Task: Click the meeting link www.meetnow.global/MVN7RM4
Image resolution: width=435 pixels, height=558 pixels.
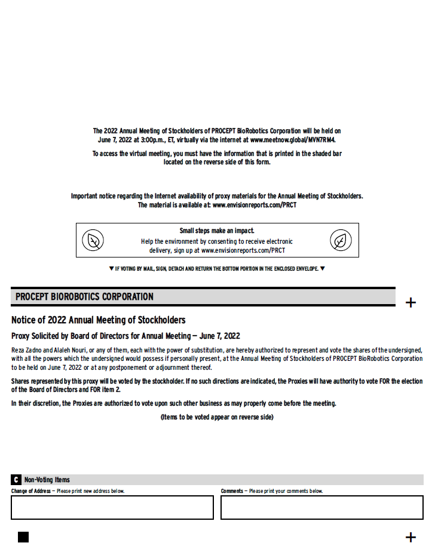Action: click(293, 140)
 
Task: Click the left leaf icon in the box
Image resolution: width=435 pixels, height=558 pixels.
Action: click(93, 240)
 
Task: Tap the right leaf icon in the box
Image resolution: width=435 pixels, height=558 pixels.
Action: click(341, 240)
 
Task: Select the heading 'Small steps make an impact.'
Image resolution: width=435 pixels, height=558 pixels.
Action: click(217, 231)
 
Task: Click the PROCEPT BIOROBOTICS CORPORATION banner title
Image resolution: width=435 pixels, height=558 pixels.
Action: click(84, 297)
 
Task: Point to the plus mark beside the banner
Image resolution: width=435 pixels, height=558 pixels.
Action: click(411, 302)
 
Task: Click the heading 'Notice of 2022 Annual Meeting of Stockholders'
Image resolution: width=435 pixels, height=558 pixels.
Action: click(98, 320)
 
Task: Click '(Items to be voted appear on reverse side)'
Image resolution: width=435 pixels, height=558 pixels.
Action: click(217, 417)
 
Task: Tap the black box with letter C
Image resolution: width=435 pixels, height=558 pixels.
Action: click(16, 480)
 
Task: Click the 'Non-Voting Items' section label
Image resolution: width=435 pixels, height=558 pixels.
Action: click(47, 480)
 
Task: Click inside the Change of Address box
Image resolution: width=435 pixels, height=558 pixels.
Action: click(112, 507)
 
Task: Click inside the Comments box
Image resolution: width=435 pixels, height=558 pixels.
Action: click(321, 507)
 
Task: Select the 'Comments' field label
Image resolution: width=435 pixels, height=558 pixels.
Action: click(232, 491)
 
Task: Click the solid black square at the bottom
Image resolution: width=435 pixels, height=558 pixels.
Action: click(23, 536)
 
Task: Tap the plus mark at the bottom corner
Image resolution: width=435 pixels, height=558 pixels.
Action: click(411, 537)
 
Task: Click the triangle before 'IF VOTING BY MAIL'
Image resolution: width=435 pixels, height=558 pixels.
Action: click(111, 269)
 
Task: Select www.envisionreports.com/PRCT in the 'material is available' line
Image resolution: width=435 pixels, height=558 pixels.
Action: click(255, 205)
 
